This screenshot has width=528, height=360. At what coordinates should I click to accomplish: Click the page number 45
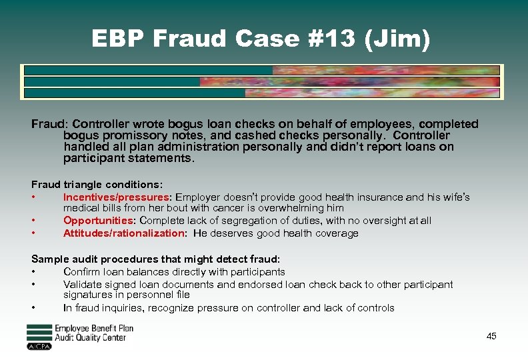click(491, 336)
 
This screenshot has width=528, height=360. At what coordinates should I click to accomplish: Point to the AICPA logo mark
click(39, 347)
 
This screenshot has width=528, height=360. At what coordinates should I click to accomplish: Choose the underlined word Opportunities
click(96, 221)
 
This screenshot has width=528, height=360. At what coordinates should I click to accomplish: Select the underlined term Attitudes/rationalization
click(123, 233)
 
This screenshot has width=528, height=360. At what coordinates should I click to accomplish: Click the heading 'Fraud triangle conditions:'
click(97, 184)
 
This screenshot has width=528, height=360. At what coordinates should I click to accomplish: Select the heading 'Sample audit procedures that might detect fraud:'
click(155, 259)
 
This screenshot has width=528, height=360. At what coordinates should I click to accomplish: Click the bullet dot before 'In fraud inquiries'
click(33, 308)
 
